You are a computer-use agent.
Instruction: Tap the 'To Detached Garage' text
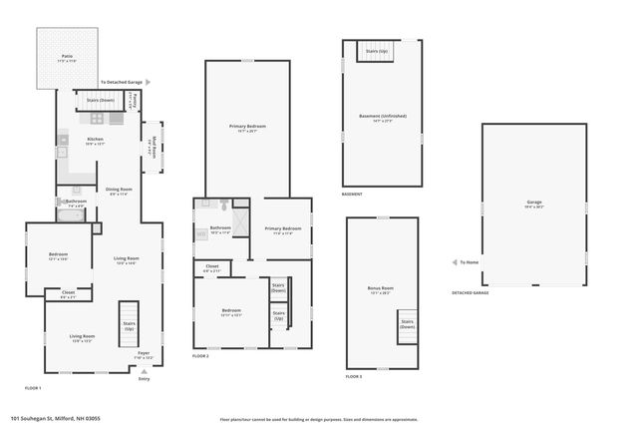coord(122,82)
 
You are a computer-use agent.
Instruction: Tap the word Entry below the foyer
coord(144,378)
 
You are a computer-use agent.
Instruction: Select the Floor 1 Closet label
coord(68,295)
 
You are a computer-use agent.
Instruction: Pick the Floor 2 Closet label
coord(212,267)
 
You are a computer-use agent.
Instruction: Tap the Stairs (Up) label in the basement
coord(377,51)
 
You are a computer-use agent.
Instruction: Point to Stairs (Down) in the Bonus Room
coord(408,324)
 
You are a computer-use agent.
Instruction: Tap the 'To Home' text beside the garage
coord(468,262)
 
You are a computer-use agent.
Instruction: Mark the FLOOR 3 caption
coord(354,376)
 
